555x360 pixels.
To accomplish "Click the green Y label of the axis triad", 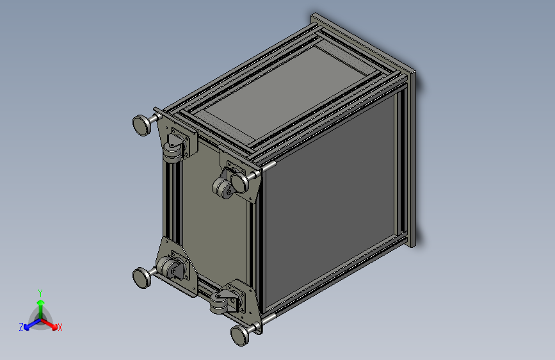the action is (40, 293).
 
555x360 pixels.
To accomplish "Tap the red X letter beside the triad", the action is (60, 327).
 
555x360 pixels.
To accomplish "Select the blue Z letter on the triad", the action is (21, 327).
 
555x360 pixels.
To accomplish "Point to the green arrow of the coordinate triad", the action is (41, 309).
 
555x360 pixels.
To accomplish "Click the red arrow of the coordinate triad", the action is (49, 324).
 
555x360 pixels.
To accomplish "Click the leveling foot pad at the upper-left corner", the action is (141, 125).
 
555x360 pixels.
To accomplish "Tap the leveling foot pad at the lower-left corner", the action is (141, 277).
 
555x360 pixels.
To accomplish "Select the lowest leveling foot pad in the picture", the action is (239, 336).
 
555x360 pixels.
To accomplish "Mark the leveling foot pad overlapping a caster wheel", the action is (239, 183).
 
